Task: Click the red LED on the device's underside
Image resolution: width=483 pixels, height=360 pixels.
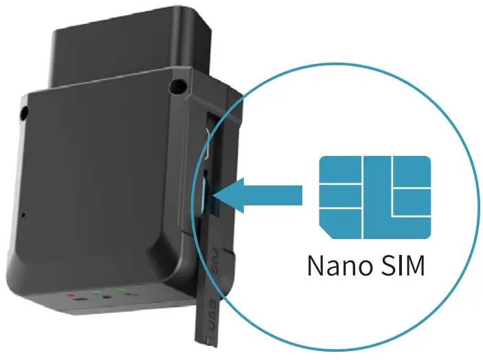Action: point(71,293)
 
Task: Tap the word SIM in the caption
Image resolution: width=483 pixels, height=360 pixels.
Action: point(403,265)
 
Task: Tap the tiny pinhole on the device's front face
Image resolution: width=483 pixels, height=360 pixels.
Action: point(23,215)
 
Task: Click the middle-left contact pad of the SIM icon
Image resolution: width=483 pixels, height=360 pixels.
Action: point(339,196)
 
